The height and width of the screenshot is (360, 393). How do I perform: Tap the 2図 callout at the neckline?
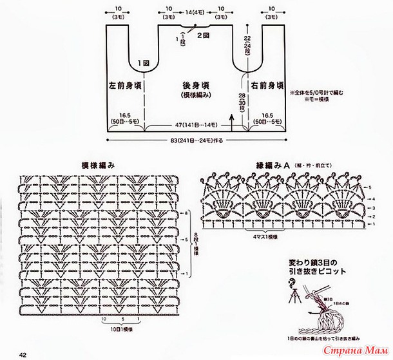click(203, 34)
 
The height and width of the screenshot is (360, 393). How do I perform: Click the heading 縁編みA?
click(267, 166)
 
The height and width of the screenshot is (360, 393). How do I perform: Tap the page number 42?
click(22, 353)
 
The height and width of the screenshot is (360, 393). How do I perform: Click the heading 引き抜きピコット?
click(319, 272)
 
